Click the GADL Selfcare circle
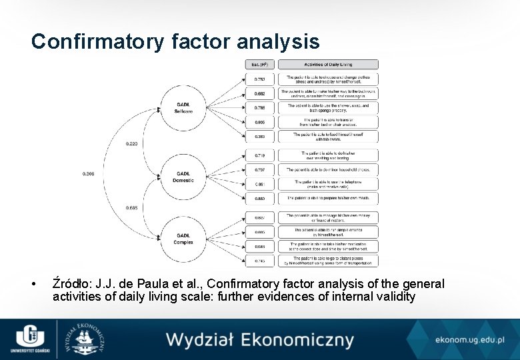pos(184,107)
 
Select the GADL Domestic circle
pos(184,177)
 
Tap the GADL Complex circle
pos(184,238)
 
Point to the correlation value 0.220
pos(132,143)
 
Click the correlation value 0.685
pos(132,207)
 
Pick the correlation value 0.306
pos(88,173)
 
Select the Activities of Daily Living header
pos(328,65)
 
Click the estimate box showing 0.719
pos(259,155)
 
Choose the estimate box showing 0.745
pos(259,261)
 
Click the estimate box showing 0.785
pos(259,107)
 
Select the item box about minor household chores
pos(328,169)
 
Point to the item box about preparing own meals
pos(328,198)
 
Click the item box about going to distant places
pos(328,261)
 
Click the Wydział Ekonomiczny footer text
pos(260,340)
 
